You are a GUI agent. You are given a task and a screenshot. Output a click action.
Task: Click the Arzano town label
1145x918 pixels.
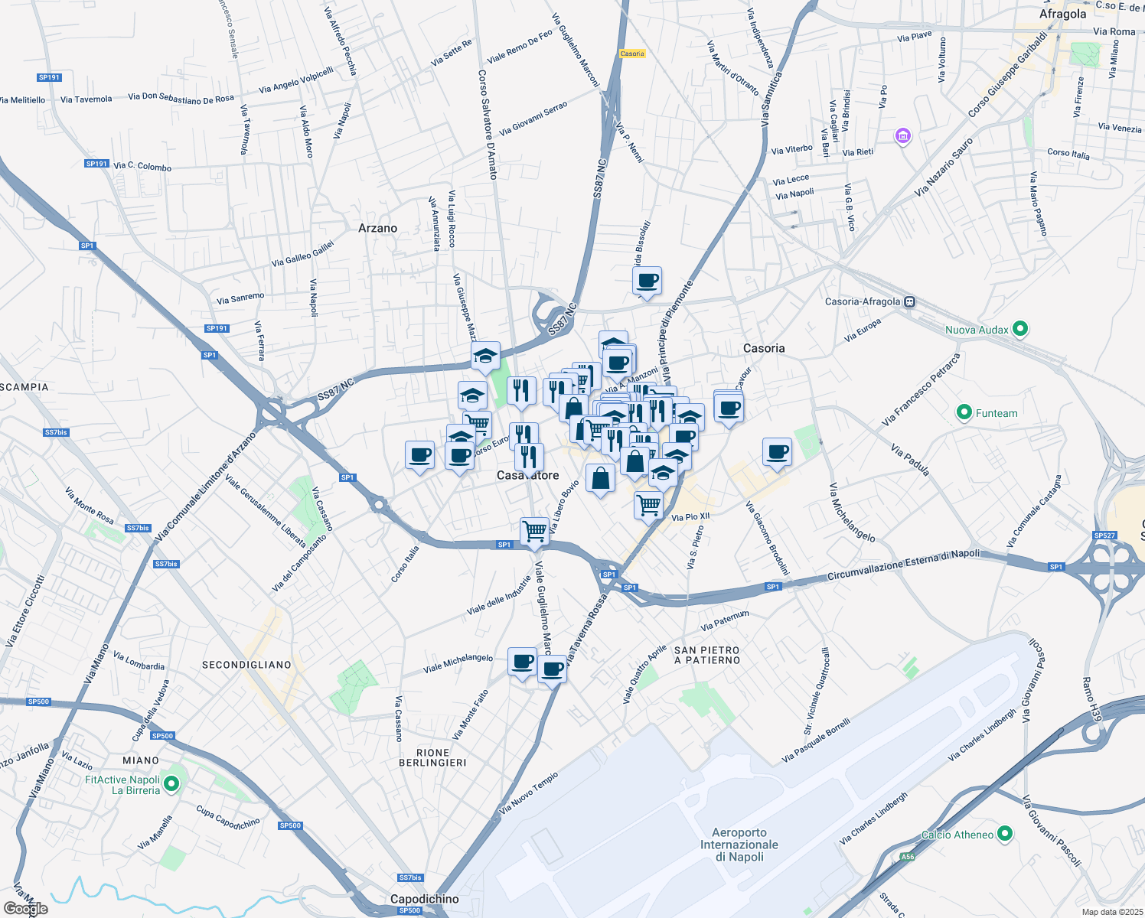377,228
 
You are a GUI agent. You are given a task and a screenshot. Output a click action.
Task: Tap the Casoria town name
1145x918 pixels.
764,348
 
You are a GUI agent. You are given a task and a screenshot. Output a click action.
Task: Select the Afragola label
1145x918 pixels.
1062,14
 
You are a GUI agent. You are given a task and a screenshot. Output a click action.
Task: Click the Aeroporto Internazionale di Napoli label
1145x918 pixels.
739,845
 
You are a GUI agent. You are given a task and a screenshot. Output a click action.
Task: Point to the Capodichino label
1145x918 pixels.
424,899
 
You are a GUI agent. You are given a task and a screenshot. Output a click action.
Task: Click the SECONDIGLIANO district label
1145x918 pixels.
246,665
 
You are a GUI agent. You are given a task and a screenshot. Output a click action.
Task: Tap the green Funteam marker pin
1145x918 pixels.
964,413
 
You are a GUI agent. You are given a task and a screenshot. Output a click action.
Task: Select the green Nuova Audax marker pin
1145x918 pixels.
1019,329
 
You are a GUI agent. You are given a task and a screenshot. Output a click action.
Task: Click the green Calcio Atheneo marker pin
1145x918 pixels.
1006,834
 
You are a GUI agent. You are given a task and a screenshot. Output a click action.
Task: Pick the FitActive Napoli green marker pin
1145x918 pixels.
172,783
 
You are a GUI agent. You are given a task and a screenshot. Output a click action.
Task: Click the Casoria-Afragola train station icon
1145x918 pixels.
909,301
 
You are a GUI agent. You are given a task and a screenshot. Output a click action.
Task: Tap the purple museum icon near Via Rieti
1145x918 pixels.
903,137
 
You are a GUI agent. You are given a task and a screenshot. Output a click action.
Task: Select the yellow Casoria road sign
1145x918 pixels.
632,54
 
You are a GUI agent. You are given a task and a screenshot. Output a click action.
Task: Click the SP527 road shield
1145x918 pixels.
1104,535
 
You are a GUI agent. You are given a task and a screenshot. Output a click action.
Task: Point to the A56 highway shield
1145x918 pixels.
907,857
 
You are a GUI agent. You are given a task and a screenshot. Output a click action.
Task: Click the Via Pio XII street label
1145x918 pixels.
690,517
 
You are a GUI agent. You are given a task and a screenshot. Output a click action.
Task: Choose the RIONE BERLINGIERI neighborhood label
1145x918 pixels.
432,757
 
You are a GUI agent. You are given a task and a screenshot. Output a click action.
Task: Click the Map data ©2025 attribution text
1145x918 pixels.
1112,912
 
